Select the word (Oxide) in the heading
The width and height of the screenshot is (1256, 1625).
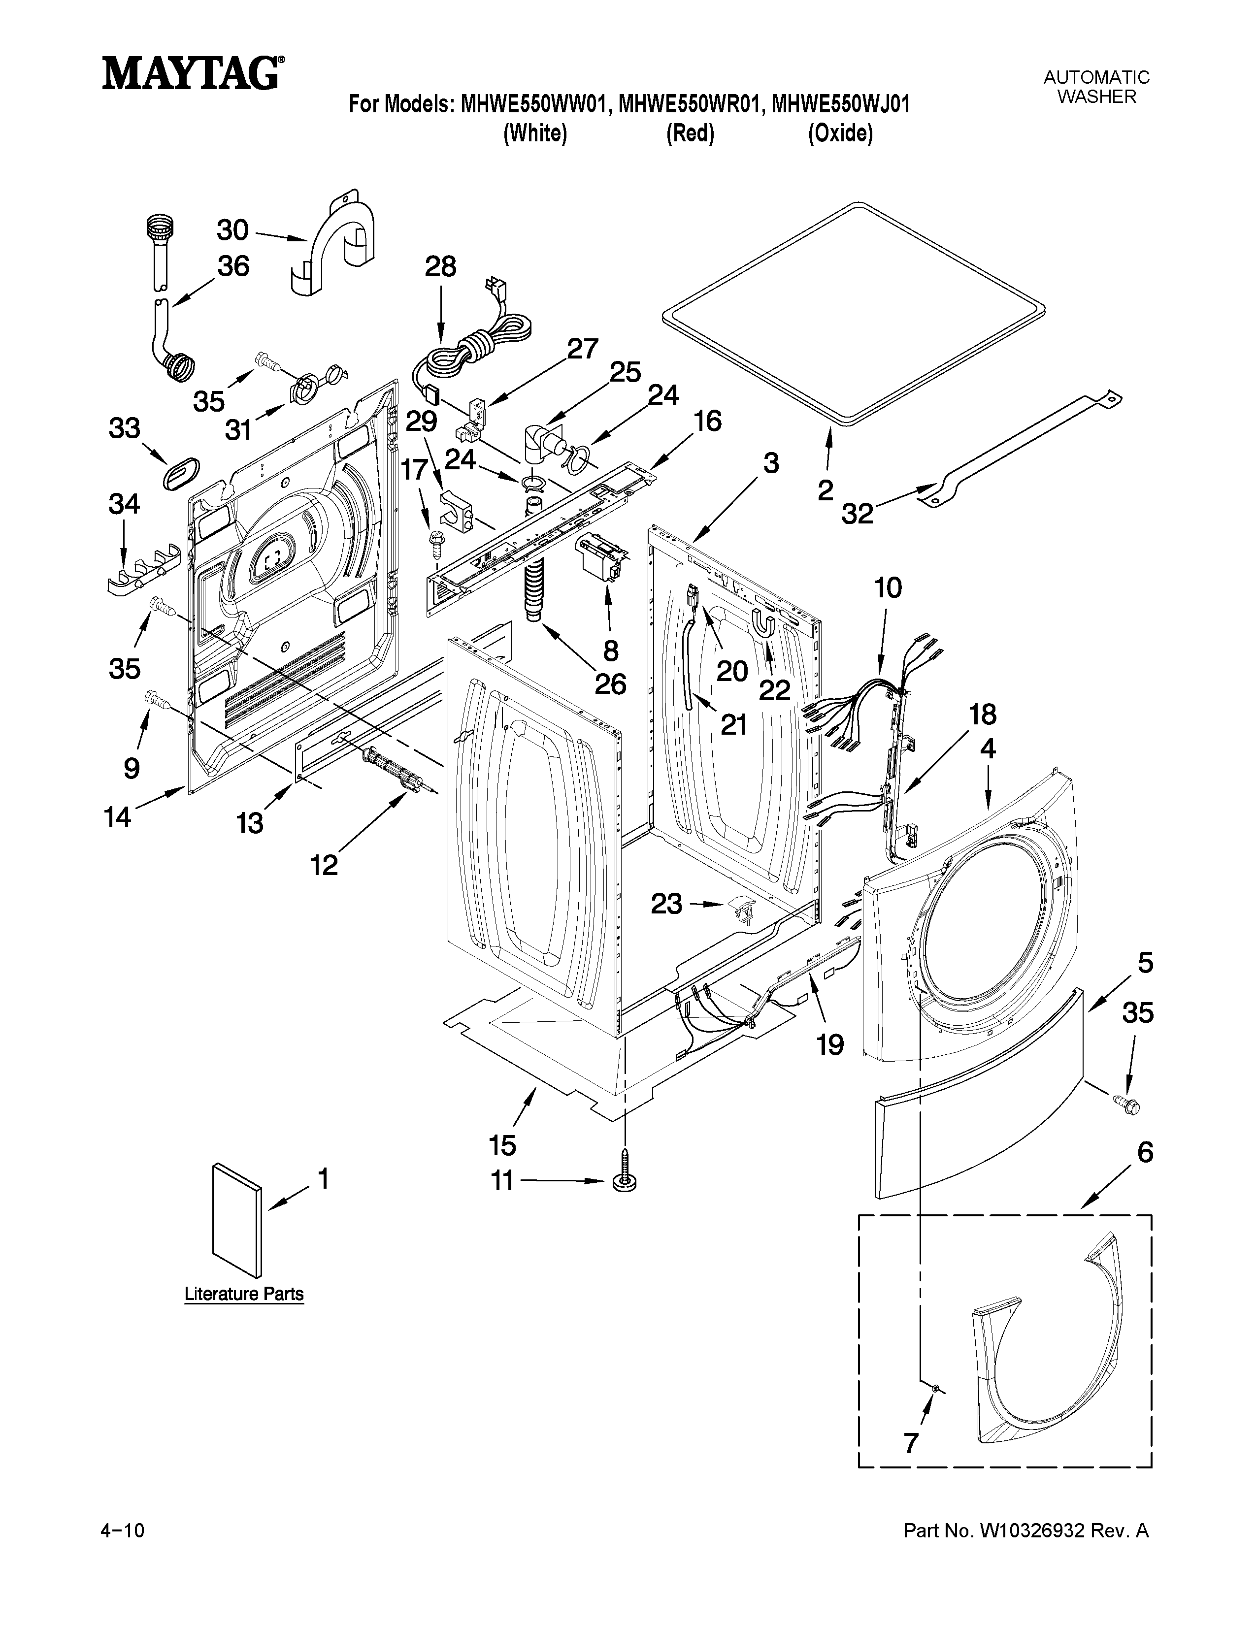click(x=840, y=134)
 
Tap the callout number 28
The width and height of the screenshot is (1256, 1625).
click(x=440, y=266)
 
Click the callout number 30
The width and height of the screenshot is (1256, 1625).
click(x=232, y=230)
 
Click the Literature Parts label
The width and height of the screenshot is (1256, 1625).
click(x=244, y=1294)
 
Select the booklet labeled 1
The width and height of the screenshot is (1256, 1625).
click(x=236, y=1220)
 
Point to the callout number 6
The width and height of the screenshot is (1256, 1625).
click(x=1144, y=1153)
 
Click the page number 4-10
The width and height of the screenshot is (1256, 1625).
click(x=122, y=1531)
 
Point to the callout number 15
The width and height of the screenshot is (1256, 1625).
click(x=503, y=1145)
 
